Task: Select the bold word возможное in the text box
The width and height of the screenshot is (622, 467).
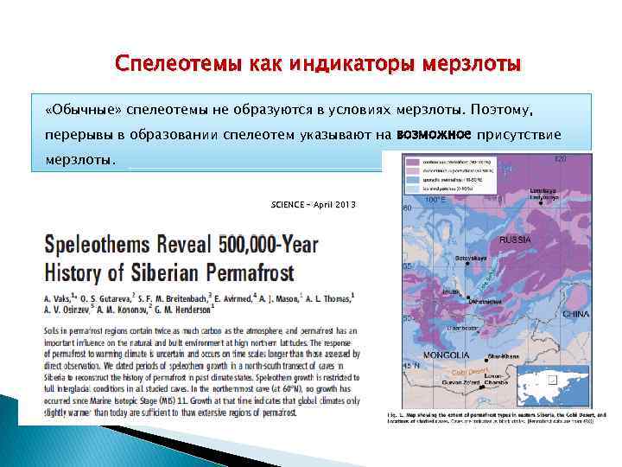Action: (434, 135)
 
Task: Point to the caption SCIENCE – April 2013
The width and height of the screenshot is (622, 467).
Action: (312, 204)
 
